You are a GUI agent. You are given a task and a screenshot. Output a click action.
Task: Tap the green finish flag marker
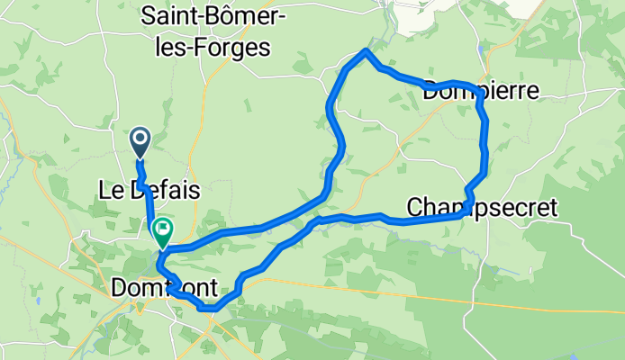pyautogui.click(x=163, y=231)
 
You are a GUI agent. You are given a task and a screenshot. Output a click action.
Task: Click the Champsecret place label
pyautogui.click(x=483, y=208)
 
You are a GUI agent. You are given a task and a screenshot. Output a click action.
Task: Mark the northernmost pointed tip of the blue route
pyautogui.click(x=365, y=51)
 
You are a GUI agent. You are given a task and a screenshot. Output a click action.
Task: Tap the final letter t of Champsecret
pyautogui.click(x=553, y=208)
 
